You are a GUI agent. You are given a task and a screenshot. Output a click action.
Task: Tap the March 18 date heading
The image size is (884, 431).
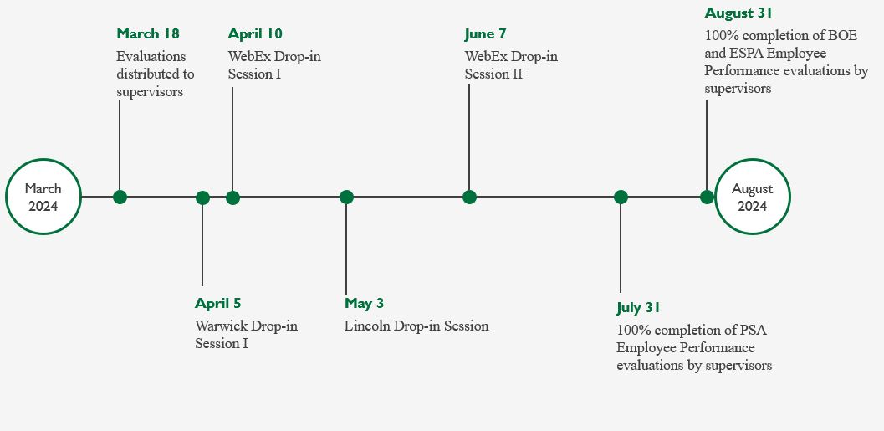click(x=148, y=33)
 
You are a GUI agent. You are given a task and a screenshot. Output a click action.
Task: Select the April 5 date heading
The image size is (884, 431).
click(x=217, y=304)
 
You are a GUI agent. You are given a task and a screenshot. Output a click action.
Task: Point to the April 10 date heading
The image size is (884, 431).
click(x=255, y=33)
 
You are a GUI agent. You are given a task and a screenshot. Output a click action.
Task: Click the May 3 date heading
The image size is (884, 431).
click(x=364, y=304)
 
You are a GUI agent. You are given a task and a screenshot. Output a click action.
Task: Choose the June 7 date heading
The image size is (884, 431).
click(x=485, y=33)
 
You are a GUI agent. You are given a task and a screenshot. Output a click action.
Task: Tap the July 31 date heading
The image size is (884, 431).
click(x=638, y=308)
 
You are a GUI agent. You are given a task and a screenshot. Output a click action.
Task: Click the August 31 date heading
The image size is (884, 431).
click(x=738, y=13)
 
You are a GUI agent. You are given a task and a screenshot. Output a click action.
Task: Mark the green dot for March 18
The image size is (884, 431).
click(x=120, y=197)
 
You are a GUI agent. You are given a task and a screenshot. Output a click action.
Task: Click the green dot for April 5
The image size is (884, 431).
click(x=202, y=198)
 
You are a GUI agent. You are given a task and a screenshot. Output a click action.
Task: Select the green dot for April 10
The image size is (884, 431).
click(x=232, y=198)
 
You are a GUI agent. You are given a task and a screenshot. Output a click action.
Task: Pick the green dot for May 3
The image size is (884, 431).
click(x=346, y=197)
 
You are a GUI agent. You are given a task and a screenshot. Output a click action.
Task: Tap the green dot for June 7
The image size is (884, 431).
click(x=469, y=197)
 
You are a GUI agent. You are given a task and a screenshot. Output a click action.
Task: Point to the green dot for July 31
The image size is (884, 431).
click(x=621, y=197)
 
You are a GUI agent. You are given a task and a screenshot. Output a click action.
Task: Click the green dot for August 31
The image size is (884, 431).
click(x=707, y=197)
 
